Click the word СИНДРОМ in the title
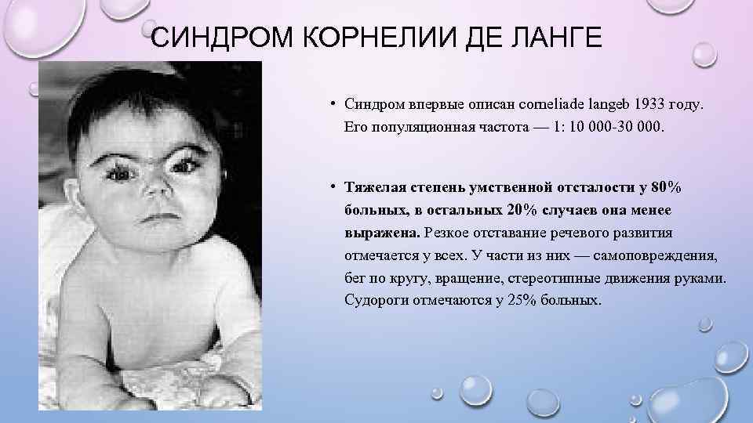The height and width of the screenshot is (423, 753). click(205, 38)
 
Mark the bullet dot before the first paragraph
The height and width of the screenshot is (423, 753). click(333, 103)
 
